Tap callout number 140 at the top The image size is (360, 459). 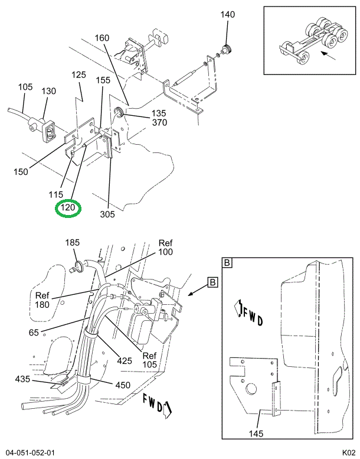coord(228,14)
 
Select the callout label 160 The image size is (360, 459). coord(102,38)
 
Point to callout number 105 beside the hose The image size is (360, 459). coord(25,87)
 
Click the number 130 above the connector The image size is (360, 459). coord(48,91)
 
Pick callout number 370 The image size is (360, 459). coord(159,122)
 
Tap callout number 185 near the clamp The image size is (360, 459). coord(72,243)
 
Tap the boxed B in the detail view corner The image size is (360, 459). coord(227,262)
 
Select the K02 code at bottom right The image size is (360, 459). coord(347,452)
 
